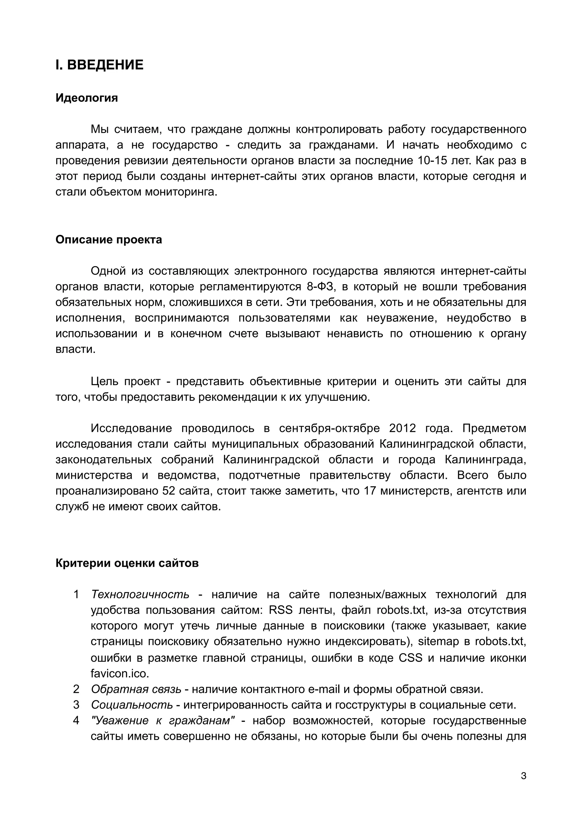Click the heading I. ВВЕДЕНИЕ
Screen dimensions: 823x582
coord(99,65)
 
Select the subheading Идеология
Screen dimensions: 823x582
coord(86,98)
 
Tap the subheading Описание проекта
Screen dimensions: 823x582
coord(109,239)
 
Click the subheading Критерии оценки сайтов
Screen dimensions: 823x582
coord(127,563)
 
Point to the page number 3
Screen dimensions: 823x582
coord(523,776)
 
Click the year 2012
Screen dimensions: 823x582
coord(402,428)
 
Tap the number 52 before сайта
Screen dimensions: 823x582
coord(169,491)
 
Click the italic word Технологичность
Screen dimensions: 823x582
coord(140,595)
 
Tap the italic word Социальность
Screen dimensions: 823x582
coord(132,705)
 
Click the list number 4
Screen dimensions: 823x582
coord(76,720)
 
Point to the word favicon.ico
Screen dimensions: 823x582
coord(120,674)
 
